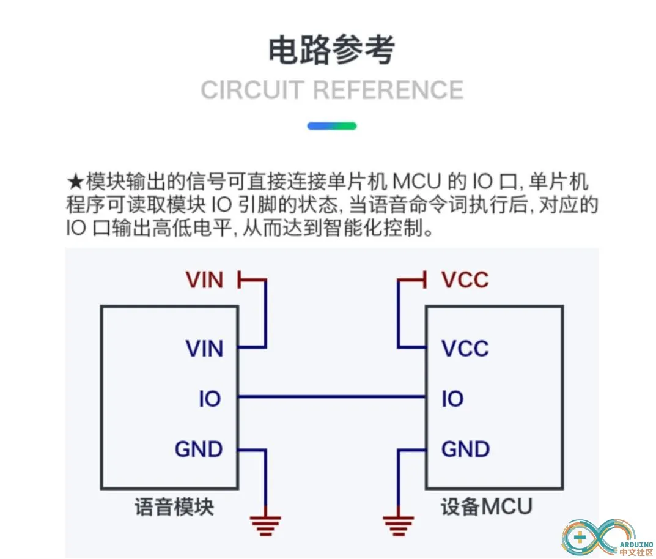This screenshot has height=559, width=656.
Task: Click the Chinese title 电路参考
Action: (331, 51)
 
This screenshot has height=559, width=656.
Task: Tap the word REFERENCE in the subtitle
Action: (388, 91)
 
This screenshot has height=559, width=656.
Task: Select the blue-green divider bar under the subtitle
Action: (331, 126)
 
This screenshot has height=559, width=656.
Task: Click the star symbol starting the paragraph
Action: (75, 182)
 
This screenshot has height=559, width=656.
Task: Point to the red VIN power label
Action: (204, 280)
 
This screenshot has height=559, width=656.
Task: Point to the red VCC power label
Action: (465, 280)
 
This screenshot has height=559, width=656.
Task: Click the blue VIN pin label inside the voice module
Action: (204, 349)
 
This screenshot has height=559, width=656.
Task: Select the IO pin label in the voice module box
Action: (210, 399)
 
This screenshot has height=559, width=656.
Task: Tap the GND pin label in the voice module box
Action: (199, 450)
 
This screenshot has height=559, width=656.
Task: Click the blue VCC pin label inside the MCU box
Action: (465, 349)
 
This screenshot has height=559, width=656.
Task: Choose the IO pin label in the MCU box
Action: (452, 399)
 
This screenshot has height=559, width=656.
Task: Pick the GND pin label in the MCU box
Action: (465, 450)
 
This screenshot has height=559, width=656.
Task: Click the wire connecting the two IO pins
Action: (331, 398)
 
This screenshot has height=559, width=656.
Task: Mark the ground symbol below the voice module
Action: (265, 524)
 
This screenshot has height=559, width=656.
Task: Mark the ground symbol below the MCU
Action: (399, 524)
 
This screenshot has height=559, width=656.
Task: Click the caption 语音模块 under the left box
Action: (174, 507)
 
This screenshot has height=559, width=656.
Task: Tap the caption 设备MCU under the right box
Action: (486, 507)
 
